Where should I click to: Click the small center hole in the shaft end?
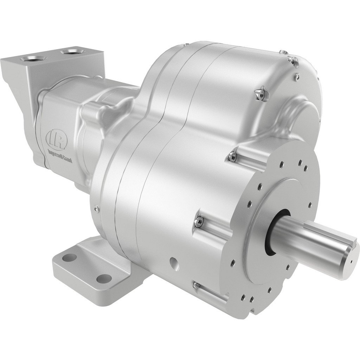351,261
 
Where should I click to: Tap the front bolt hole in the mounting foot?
102,278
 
